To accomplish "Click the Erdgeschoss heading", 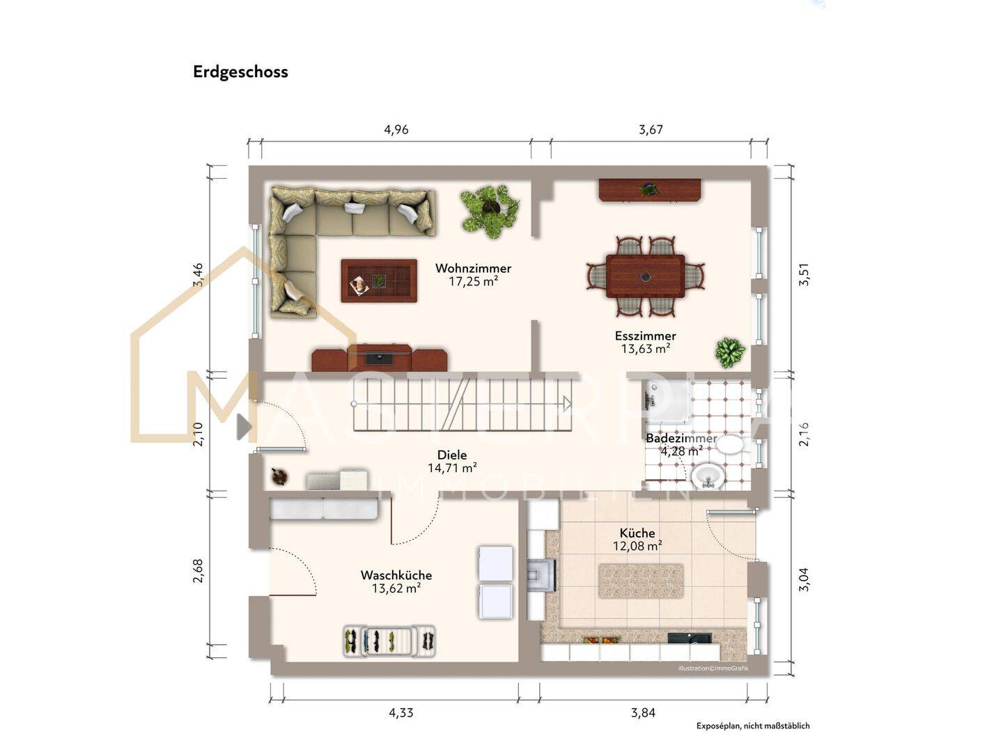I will coord(240,72).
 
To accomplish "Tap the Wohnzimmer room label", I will coord(473,268).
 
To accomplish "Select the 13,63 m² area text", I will coord(645,349).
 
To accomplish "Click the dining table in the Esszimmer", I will coord(645,276).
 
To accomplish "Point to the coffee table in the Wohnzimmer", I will coord(379,281).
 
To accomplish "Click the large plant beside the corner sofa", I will coord(490,210).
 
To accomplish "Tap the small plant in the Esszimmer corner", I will coord(729,352).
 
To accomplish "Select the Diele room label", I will coord(452,455).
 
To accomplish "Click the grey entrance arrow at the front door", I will coord(243,427).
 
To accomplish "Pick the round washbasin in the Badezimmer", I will coord(708,477).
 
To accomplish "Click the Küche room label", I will coord(637,533).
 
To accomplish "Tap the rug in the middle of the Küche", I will coord(640,581).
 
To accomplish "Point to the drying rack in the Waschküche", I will coord(389,641).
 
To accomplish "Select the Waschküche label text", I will coord(396,575).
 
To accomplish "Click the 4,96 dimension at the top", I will coord(396,130).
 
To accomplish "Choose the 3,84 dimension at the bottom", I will coord(642,712).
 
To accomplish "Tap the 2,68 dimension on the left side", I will coord(198,571).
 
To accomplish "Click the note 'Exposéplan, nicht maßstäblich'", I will coord(752,726).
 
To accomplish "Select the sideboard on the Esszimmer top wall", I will coord(649,189).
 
